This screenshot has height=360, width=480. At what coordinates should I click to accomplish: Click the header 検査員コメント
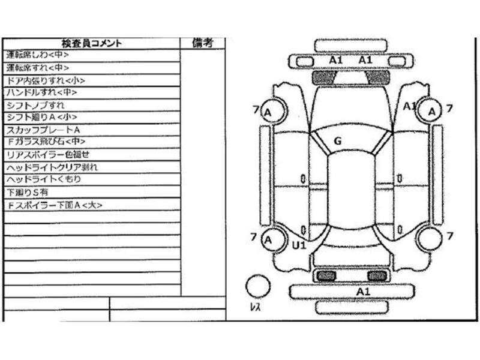(x=92, y=43)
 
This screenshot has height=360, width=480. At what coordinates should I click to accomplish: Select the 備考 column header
(x=203, y=43)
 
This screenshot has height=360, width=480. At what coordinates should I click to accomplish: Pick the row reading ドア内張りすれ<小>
(x=45, y=80)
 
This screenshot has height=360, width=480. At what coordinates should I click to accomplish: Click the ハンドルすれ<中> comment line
(x=41, y=93)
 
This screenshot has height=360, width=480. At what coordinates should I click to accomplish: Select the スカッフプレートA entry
(x=43, y=130)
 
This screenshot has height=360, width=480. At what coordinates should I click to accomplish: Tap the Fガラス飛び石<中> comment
(x=46, y=142)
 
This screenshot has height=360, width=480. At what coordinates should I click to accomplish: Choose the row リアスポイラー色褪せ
(x=47, y=154)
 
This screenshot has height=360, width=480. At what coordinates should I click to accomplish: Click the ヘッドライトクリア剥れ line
(x=52, y=167)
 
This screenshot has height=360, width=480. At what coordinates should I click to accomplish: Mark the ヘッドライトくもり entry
(x=43, y=179)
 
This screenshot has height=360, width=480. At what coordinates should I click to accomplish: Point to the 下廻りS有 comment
(x=26, y=192)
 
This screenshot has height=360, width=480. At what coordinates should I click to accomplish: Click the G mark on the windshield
(x=337, y=141)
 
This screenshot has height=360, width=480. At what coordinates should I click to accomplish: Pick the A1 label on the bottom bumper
(x=363, y=291)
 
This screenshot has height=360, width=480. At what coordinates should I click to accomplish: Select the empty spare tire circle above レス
(x=259, y=286)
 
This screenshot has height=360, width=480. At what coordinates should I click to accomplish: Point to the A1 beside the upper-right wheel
(x=410, y=106)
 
